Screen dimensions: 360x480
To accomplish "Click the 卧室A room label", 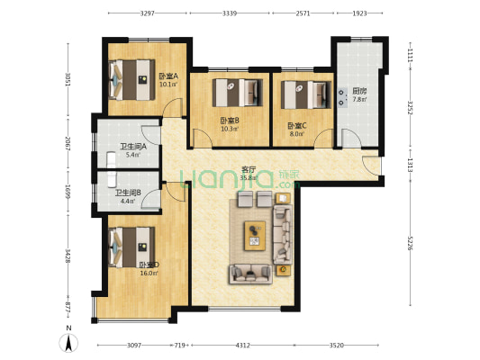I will point(168,76).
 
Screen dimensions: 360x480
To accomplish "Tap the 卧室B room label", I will point(229,121).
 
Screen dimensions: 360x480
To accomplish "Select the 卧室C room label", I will point(295,126).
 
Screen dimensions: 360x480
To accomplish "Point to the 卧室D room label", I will point(149,265).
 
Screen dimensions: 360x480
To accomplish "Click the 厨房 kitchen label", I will point(358,91).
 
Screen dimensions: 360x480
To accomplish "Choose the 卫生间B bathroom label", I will point(125,192).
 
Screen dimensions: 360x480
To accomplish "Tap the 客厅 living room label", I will point(249,169).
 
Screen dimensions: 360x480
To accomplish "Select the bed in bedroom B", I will point(238,93).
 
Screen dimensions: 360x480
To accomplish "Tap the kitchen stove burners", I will point(342,97).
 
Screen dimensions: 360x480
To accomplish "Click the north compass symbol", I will point(68,343).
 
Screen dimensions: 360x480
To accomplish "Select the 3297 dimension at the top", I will point(148,13).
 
